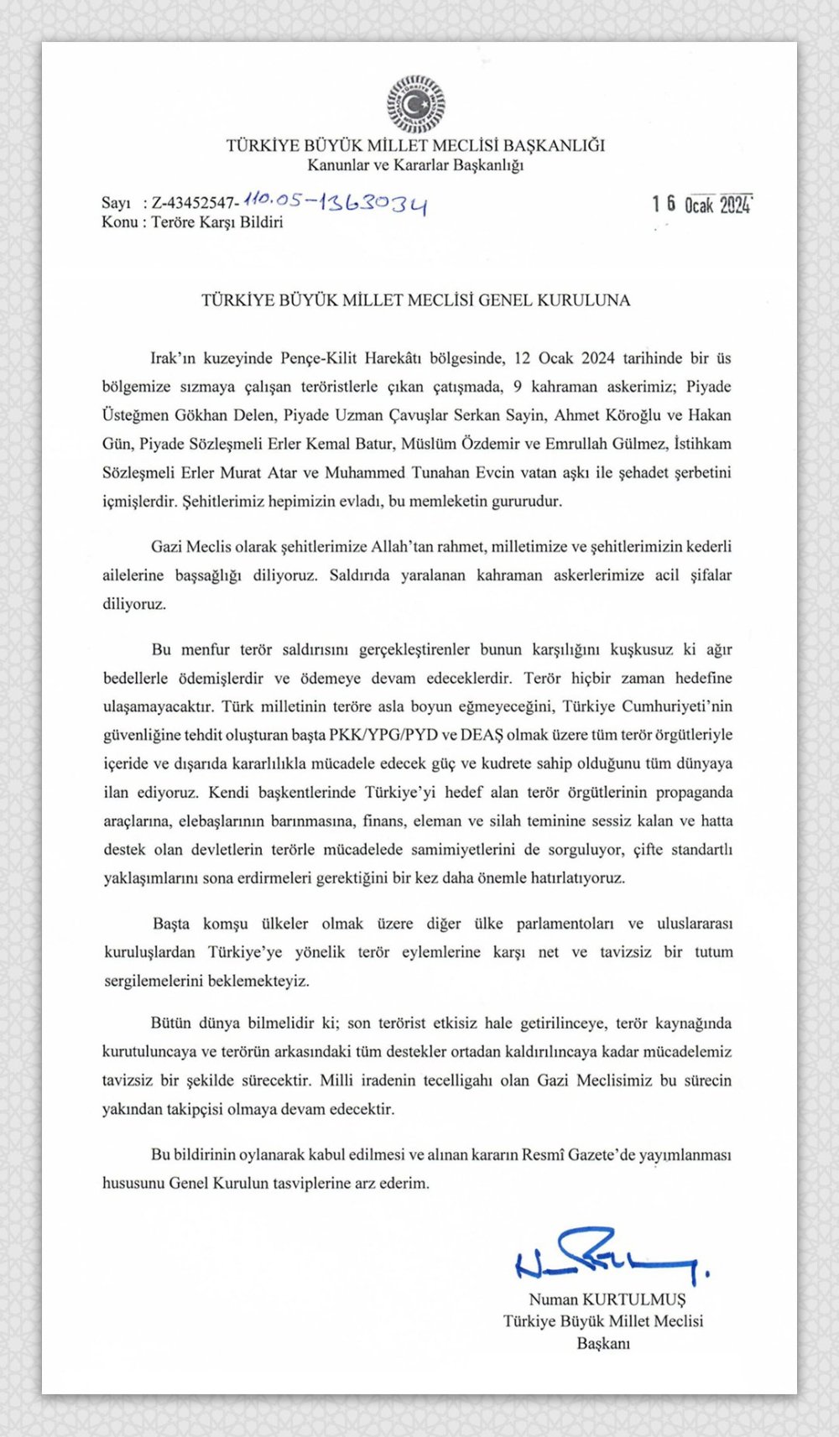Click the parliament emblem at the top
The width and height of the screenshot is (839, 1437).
415,104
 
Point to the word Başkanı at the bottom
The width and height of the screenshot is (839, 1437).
602,1343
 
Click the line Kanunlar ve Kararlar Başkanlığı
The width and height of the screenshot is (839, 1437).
415,165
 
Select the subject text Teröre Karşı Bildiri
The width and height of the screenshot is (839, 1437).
217,222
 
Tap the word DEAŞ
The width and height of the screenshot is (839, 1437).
480,735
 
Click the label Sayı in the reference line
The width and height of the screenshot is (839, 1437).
116,203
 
